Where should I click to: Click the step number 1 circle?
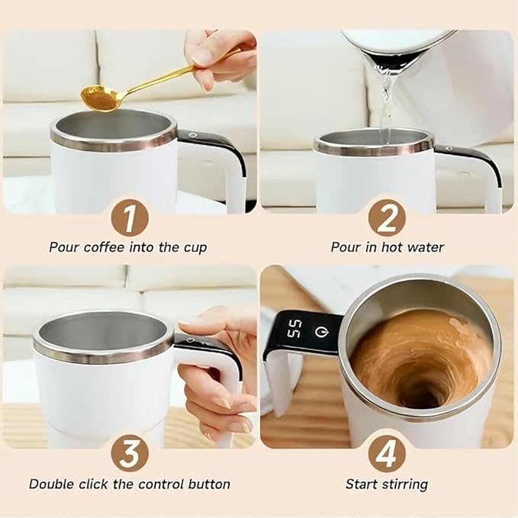pyautogui.click(x=129, y=219)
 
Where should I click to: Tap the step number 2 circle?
pyautogui.click(x=387, y=219)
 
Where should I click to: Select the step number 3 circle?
pyautogui.click(x=129, y=455)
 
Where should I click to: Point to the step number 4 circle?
pyautogui.click(x=387, y=455)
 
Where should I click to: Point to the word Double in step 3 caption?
pyautogui.click(x=48, y=484)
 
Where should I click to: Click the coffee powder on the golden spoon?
pyautogui.click(x=98, y=98)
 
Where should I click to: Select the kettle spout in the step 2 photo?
pyautogui.click(x=389, y=57)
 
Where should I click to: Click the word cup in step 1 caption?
pyautogui.click(x=195, y=247)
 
